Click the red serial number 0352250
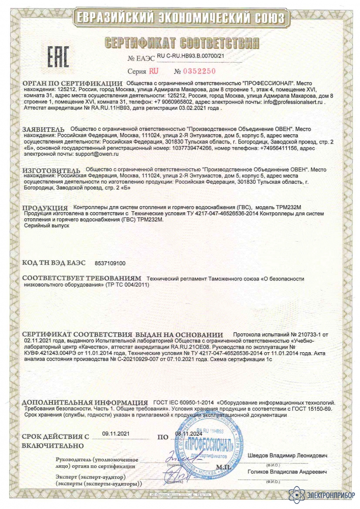[x=197, y=70]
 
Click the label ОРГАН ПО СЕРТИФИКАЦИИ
[x=72, y=83]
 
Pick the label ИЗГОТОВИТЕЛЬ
[x=51, y=169]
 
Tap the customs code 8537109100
[x=110, y=263]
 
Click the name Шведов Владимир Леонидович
[x=288, y=455]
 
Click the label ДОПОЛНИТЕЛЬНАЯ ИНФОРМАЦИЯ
[x=85, y=403]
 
